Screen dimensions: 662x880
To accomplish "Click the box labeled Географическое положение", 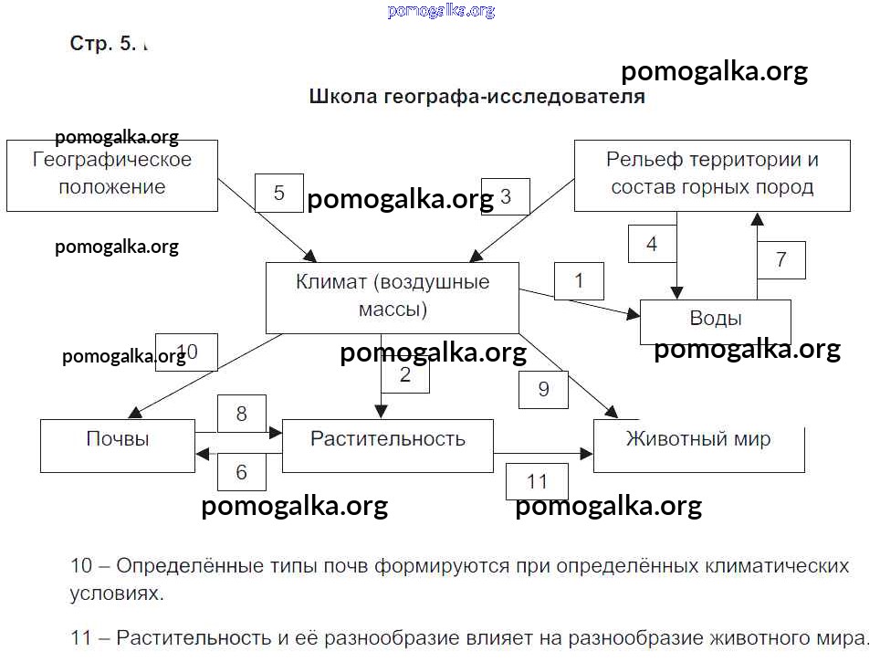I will coord(112,174).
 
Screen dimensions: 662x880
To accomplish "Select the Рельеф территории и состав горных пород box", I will coord(712,174).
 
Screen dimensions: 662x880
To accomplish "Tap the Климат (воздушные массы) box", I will coord(393,297).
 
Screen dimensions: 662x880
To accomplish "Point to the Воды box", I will coord(716,320).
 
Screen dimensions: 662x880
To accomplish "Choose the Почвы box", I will coord(118,446).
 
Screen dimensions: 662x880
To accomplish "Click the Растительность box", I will coord(387,446).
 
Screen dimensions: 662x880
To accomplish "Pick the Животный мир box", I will coord(698,446).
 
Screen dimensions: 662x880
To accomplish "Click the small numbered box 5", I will coord(278,194).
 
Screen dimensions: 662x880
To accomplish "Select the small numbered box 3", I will coord(506,196).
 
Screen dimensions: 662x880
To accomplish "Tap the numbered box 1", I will coord(579,281).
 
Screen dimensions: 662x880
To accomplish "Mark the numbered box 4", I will coord(652,244).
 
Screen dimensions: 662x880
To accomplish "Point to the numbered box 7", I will coord(781,260).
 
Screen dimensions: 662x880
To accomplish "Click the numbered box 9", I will coord(544,390).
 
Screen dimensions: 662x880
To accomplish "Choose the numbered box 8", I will coord(242,414).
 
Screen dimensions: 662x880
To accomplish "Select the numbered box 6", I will coord(242,472).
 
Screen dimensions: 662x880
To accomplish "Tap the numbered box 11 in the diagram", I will coord(537,482).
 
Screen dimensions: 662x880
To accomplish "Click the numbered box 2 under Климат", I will coord(405,374).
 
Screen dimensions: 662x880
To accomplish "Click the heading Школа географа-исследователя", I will coord(477,97).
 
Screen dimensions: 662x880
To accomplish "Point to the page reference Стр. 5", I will coord(102,43).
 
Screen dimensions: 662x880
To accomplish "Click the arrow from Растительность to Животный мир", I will coord(543,452).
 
